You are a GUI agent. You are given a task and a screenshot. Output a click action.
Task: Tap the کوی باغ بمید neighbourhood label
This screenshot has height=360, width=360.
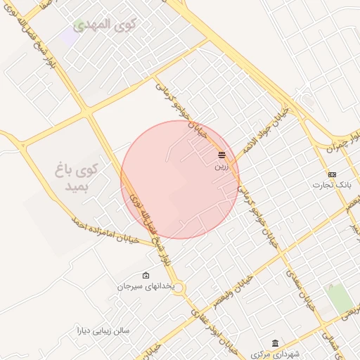[x=78, y=179]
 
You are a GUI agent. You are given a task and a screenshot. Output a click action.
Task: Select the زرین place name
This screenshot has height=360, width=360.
[x=221, y=167]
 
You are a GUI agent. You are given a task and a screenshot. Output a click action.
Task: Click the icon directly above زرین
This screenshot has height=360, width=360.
[x=221, y=155]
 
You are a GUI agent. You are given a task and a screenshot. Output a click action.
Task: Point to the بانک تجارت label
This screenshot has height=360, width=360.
[x=332, y=185]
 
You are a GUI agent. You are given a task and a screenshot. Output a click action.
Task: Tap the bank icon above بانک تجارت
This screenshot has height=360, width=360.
[x=332, y=174]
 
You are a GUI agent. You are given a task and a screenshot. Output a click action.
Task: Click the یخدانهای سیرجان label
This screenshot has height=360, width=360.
[x=145, y=287]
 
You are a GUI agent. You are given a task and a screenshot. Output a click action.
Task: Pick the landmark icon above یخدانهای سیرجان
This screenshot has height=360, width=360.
[x=146, y=275]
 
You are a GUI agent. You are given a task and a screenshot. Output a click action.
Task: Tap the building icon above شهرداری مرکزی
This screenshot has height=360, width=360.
[x=275, y=342]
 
